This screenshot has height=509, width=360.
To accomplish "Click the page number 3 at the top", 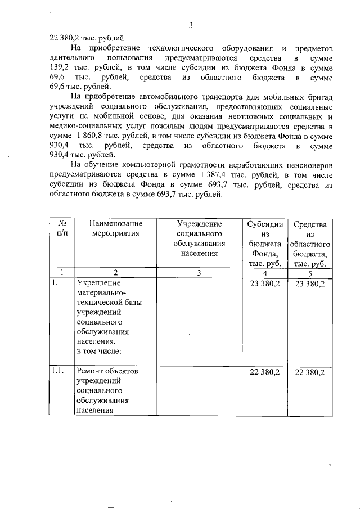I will (191, 25).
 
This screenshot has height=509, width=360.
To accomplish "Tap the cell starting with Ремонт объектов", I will (109, 391).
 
